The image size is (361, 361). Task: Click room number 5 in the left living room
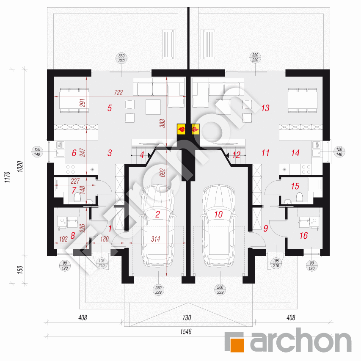tap(109, 108)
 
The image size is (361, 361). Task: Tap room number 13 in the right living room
tap(265, 108)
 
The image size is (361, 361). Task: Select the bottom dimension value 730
tap(186, 317)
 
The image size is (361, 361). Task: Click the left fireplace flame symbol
tap(181, 128)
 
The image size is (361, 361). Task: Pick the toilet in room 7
tap(77, 197)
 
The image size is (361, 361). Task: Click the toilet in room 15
tap(300, 196)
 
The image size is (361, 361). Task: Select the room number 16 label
tap(303, 236)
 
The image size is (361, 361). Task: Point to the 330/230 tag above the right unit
tap(255, 58)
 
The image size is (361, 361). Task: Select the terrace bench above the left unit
tap(168, 44)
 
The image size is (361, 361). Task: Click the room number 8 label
tap(72, 236)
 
